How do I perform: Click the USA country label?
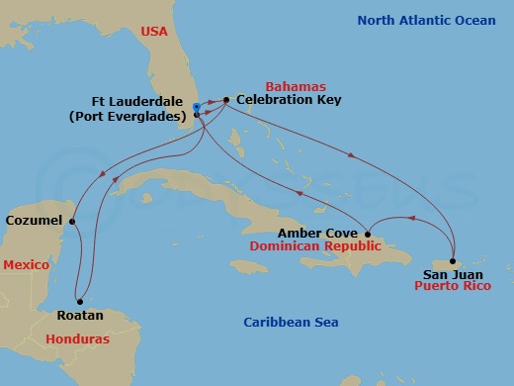[x=153, y=31]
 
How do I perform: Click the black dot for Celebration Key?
[x=226, y=100]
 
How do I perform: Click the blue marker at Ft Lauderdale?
[x=198, y=107]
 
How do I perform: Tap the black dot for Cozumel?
[x=73, y=220]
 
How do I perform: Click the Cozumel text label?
[x=35, y=220]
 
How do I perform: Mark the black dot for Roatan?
[x=78, y=302]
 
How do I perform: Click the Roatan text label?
[x=78, y=316]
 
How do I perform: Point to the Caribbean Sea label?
[x=291, y=323]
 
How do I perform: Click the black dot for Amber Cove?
[x=368, y=234]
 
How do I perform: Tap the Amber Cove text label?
[x=316, y=234]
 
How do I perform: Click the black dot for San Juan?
[x=453, y=261]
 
